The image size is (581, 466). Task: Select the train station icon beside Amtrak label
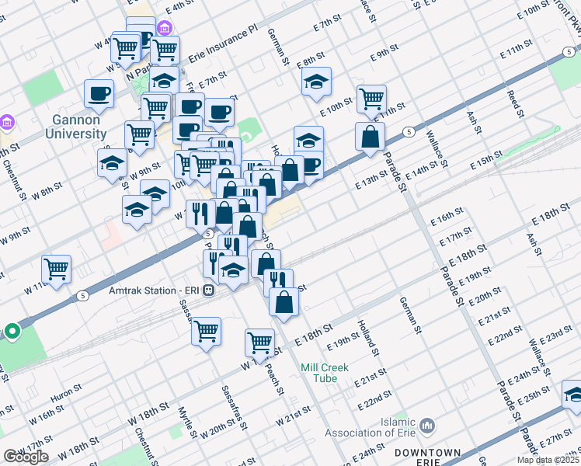[x=209, y=290]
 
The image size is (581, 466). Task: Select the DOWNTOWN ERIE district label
[x=427, y=457]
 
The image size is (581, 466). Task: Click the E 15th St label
[x=487, y=162]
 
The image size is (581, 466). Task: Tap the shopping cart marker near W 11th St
[x=57, y=270]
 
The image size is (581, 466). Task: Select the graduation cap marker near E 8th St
[x=316, y=82]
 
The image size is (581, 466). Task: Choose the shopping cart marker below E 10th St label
[x=371, y=99]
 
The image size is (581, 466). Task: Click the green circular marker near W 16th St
[x=12, y=332]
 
